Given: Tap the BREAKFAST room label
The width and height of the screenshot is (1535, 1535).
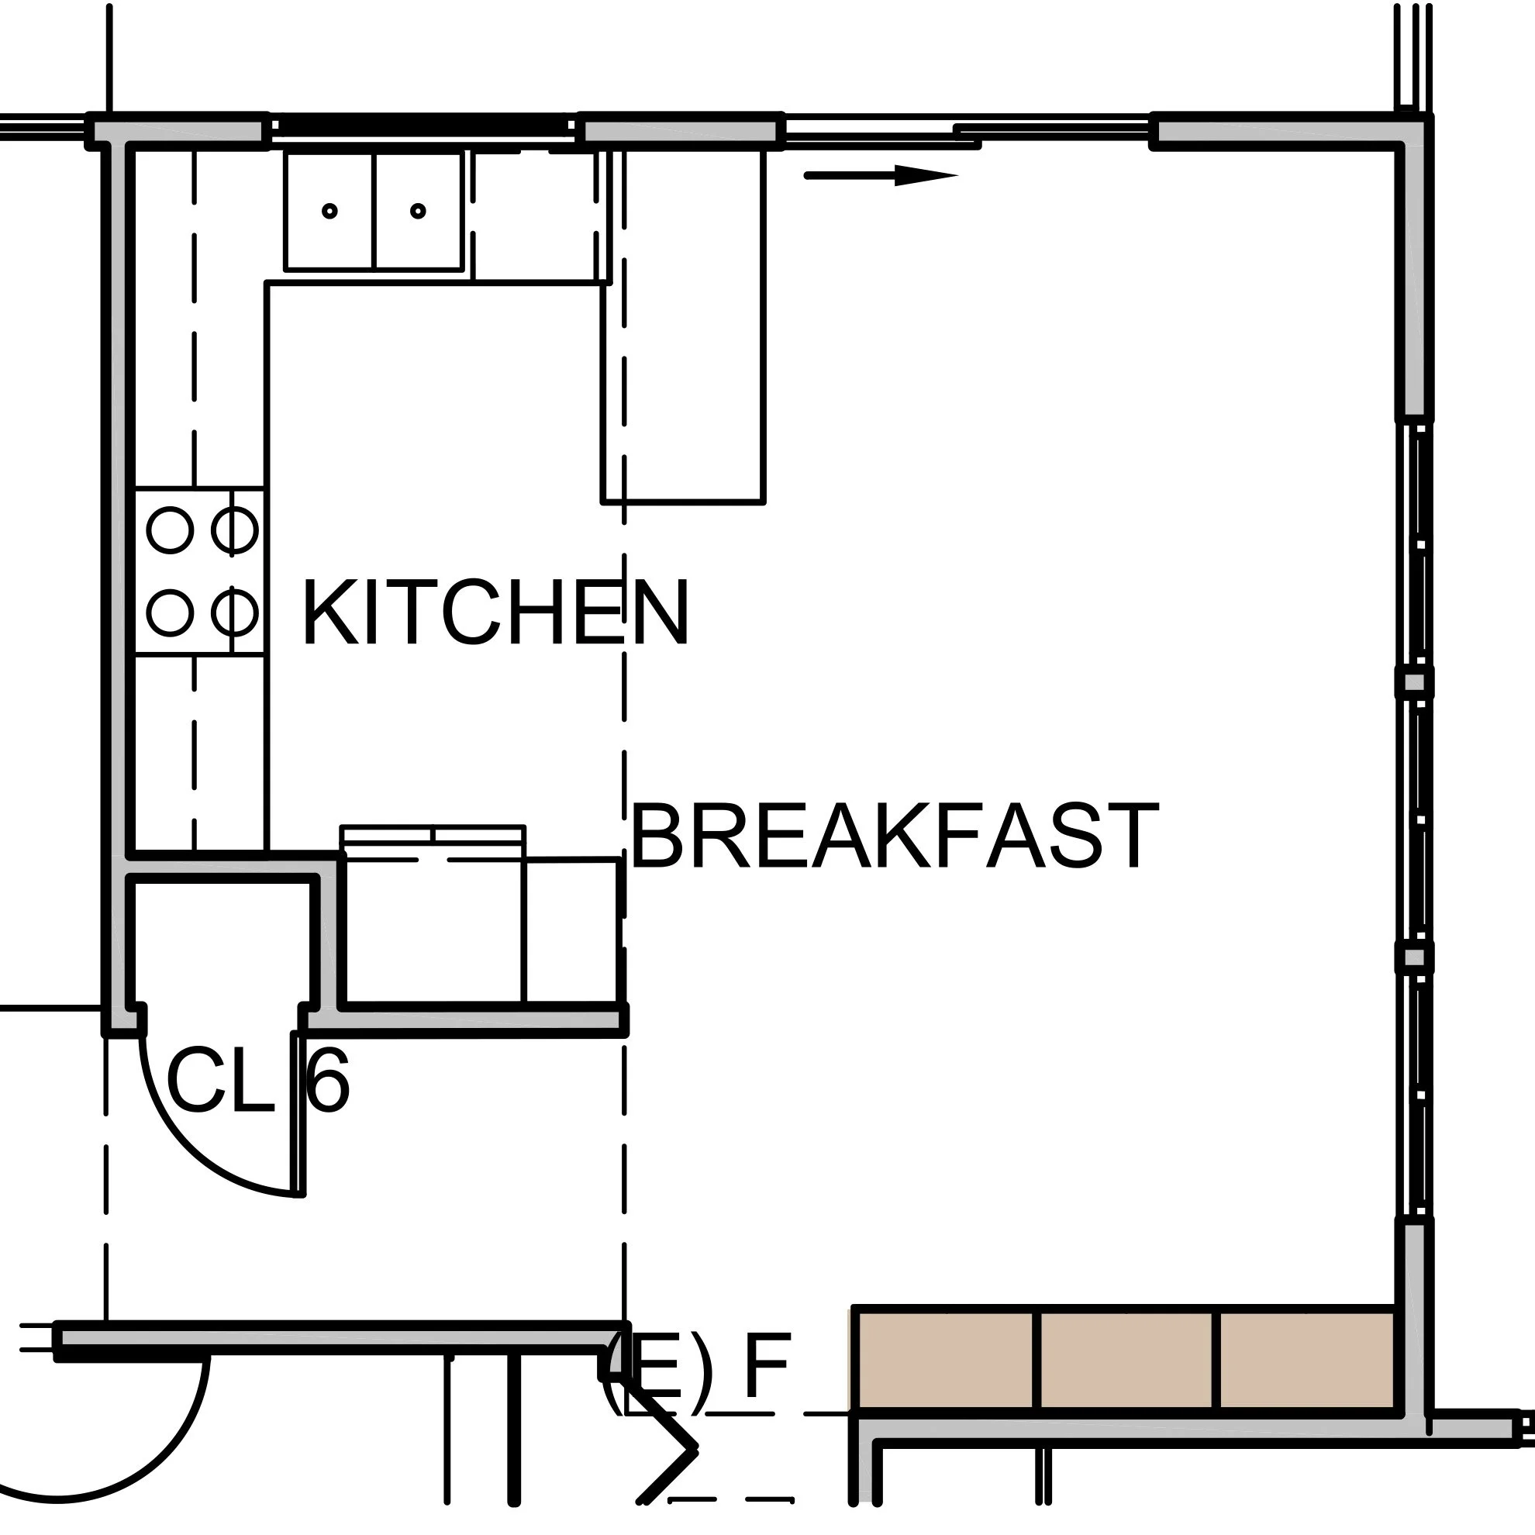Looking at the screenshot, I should [893, 837].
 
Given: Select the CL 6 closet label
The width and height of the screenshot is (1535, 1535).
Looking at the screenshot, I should [257, 1081].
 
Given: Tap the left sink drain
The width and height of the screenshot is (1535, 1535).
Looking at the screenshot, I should [329, 211].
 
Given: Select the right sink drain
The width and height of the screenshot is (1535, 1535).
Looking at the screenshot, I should [418, 211].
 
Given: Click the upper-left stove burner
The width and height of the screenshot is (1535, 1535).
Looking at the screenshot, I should [170, 530].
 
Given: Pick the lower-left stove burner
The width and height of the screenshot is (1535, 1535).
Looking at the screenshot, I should [170, 612].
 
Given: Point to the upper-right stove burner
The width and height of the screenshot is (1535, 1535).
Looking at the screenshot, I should [234, 530].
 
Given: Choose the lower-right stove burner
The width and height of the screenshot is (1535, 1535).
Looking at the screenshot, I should [234, 612].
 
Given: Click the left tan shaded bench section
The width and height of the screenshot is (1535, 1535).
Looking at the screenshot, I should [944, 1361].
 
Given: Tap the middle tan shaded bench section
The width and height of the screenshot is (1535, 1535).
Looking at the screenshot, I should [1126, 1361].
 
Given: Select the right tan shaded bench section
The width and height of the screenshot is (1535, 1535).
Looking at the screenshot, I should [1307, 1361].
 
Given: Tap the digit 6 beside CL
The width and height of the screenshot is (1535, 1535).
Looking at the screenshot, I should [327, 1081].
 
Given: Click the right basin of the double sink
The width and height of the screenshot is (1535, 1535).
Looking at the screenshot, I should [418, 212].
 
